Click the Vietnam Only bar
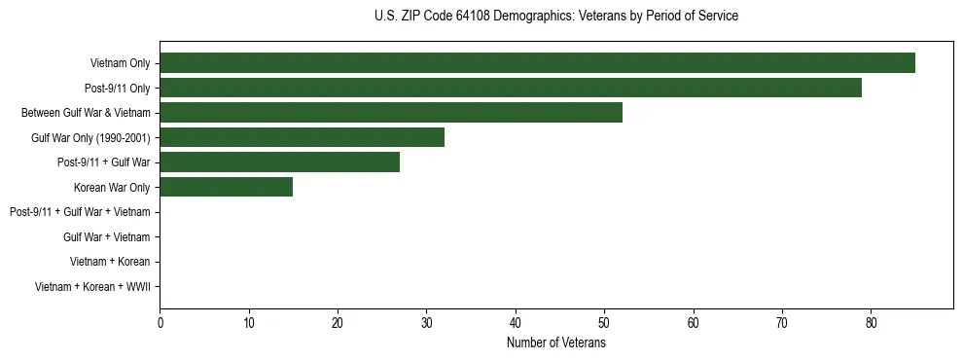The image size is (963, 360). coord(537,63)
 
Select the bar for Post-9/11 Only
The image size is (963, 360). coord(511,88)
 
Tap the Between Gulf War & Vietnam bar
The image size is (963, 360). coord(391,113)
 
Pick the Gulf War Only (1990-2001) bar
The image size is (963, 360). coord(302,137)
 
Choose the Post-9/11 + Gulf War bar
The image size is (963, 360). coord(279,162)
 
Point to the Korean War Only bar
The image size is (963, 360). coord(226,187)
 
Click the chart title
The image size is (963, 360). coord(555,17)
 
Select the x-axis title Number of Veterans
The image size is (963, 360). coord(555,343)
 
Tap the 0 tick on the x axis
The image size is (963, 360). coord(160,323)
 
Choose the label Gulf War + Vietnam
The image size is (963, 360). coord(107,237)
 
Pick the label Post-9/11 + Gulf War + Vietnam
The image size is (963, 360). coord(80,212)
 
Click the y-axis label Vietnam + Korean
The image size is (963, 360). coord(110,262)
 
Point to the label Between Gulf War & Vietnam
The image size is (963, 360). coord(86,113)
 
